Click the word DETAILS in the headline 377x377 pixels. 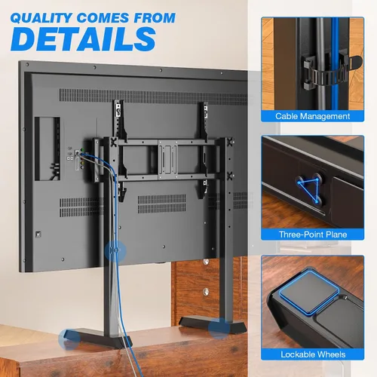point(83,38)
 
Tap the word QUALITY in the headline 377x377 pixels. point(41,18)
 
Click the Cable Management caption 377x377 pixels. point(312,116)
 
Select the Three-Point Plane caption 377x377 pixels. point(313,234)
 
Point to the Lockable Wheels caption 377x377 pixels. point(313,354)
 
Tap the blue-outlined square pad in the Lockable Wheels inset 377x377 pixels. point(309,292)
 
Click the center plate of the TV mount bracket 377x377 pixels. point(167,160)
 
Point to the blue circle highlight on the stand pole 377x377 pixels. point(115,251)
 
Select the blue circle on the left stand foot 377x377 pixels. point(69,339)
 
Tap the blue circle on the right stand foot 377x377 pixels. point(219,328)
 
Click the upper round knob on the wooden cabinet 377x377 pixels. point(206,262)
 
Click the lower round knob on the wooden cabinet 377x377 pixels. point(206,292)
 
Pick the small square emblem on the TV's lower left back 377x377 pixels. point(38,234)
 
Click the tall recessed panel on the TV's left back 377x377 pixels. point(48,149)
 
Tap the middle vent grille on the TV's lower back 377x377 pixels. point(161,204)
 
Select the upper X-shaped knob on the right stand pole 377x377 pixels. point(230,142)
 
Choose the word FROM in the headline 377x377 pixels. point(155,18)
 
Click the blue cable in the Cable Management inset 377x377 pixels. point(335,63)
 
